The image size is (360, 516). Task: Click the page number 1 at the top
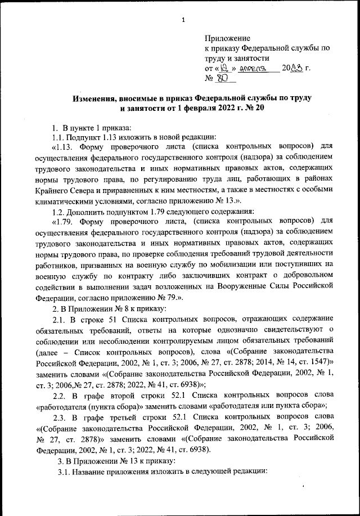point(183,21)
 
